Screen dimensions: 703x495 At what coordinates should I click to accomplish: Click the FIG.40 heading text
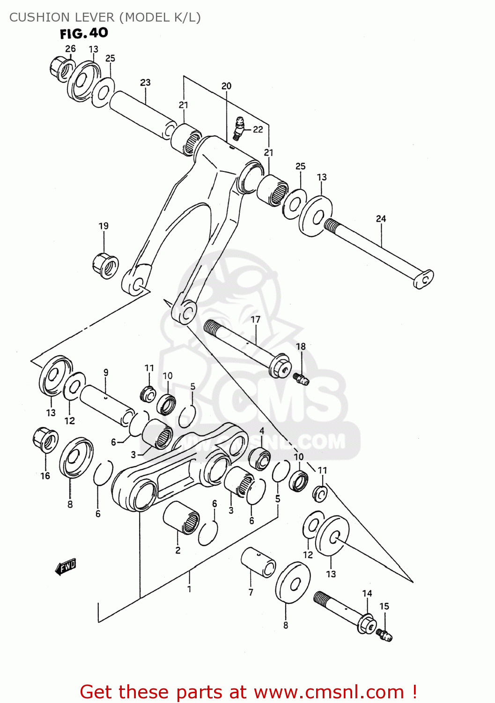pos(84,33)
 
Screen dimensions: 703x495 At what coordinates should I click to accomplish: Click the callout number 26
pos(70,49)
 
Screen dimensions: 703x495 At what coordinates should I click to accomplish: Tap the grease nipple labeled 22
pos(239,128)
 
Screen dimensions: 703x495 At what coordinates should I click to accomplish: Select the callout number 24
pos(381,218)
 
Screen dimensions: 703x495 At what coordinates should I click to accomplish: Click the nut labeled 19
pos(105,265)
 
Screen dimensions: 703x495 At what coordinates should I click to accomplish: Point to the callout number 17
pos(255,320)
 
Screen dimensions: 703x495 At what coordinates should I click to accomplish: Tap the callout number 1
pos(189,589)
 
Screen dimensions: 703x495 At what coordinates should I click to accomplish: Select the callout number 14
pos(367,593)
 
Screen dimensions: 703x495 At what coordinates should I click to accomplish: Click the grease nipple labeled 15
pos(384,635)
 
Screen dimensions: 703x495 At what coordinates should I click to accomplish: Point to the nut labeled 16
pos(45,440)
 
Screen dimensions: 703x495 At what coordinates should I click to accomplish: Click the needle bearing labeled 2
pos(181,517)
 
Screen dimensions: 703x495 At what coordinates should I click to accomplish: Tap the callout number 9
pos(106,373)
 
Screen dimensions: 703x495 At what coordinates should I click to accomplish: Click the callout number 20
pos(226,86)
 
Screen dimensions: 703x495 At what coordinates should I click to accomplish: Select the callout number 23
pos(145,82)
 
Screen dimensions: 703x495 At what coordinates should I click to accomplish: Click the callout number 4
pos(262,431)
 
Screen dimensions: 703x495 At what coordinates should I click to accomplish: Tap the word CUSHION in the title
pos(35,17)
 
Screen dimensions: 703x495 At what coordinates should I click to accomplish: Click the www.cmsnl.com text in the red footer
pos(328,692)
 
